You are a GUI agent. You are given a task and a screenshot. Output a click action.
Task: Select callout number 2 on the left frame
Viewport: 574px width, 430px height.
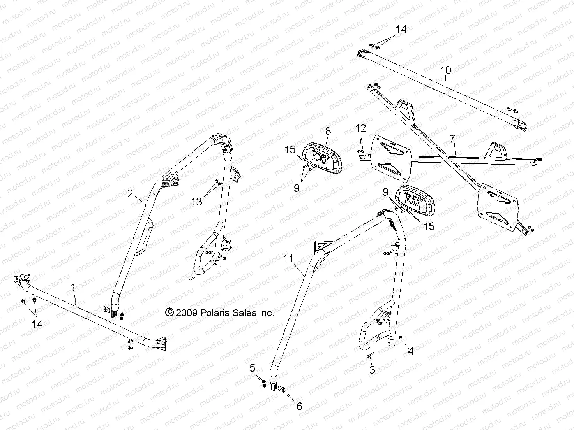(131, 193)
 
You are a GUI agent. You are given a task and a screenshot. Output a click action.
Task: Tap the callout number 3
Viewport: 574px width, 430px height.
(372, 370)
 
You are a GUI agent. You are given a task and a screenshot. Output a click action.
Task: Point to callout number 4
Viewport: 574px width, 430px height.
(410, 351)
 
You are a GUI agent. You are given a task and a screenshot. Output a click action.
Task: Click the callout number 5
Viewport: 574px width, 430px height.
(253, 367)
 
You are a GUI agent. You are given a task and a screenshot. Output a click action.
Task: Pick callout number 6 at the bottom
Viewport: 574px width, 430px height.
(299, 406)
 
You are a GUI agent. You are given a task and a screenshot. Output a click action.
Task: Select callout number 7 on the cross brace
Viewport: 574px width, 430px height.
(452, 139)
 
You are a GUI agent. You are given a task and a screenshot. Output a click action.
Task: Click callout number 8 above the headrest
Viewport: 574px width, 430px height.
(328, 131)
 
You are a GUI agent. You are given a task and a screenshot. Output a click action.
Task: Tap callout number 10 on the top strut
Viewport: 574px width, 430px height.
(445, 70)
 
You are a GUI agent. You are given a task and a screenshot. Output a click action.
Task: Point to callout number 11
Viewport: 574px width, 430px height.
(288, 258)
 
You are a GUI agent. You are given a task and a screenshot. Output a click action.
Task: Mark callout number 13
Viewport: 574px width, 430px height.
(197, 201)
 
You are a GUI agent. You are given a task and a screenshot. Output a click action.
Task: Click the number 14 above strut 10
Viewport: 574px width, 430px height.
(401, 30)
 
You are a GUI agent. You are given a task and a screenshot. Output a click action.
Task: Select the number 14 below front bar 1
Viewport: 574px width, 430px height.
(37, 324)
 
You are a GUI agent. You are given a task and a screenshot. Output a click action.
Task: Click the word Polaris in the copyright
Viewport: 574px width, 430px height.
(216, 312)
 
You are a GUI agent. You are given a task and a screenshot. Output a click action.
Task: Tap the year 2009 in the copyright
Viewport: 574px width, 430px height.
(187, 312)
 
